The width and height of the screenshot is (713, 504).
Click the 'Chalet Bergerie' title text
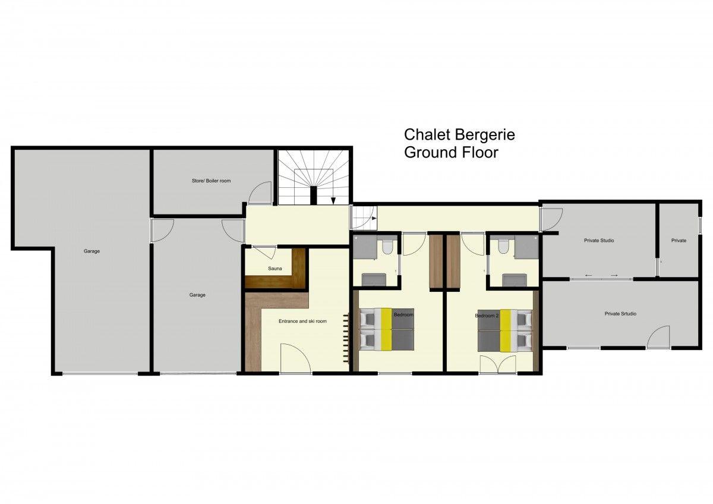[459, 135]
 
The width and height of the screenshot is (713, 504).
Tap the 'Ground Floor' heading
[451, 153]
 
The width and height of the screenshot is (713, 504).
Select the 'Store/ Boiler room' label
[211, 181]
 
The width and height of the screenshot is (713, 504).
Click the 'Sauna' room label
[275, 269]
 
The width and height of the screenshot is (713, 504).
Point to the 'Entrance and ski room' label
[302, 322]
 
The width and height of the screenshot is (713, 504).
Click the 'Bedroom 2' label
[487, 316]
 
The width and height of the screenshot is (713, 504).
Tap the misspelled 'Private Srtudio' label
[620, 314]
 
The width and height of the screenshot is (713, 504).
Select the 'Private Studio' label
[599, 240]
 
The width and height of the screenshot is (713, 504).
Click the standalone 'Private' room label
[679, 240]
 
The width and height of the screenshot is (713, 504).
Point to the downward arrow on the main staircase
[333, 200]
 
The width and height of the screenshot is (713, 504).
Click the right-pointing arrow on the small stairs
[374, 218]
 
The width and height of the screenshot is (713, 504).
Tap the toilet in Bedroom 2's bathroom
[503, 247]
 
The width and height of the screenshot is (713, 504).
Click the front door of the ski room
[295, 358]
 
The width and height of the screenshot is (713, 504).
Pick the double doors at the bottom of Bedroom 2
[498, 364]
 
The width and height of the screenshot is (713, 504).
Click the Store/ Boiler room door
[260, 193]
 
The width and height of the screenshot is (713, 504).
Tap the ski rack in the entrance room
[346, 338]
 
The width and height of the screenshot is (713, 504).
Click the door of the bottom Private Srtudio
[658, 337]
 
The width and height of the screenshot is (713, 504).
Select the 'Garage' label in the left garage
[92, 251]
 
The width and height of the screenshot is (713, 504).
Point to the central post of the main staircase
[314, 195]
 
